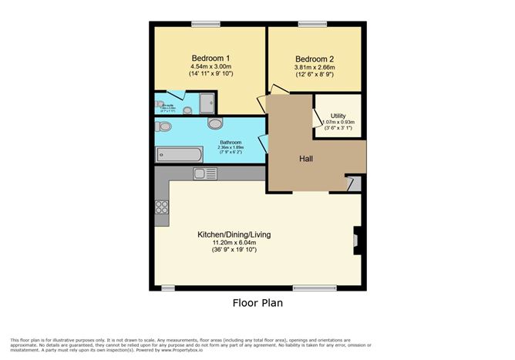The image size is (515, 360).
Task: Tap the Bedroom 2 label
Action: tap(315, 59)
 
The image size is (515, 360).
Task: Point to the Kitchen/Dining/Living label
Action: tap(234, 234)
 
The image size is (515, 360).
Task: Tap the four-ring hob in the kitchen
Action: tap(162, 207)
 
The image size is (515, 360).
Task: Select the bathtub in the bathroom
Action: tap(179, 155)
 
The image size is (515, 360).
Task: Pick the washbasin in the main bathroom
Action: tap(215, 123)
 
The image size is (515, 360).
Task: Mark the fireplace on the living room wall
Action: tap(355, 241)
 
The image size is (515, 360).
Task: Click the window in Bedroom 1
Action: tap(203, 22)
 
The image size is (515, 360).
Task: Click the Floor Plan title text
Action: tap(257, 303)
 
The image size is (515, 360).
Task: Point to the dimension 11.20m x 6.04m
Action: tap(234, 242)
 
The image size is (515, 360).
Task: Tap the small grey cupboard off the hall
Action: tap(354, 183)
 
